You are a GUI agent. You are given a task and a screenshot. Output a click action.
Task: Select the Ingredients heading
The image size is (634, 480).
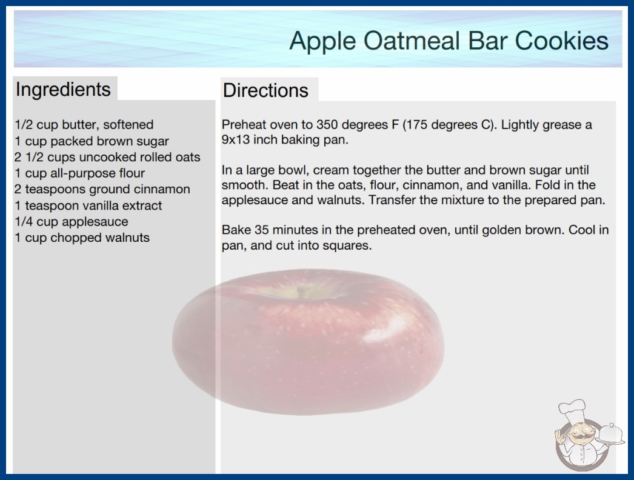(x=63, y=90)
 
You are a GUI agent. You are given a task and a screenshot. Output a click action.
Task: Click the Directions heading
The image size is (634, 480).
(x=265, y=90)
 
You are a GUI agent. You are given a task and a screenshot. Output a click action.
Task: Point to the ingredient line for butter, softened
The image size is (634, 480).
(x=84, y=125)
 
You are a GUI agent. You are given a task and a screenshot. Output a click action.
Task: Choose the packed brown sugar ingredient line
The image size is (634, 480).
(x=92, y=141)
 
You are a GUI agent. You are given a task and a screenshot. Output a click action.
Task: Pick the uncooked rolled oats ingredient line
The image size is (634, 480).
(x=107, y=157)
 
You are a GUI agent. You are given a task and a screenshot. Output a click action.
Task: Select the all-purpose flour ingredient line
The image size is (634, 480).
(x=79, y=173)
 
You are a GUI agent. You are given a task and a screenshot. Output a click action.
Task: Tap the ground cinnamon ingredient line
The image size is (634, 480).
(x=102, y=189)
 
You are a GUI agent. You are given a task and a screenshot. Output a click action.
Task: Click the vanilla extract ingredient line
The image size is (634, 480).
(x=88, y=205)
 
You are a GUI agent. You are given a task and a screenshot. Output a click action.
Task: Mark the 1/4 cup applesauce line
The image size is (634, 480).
(x=72, y=222)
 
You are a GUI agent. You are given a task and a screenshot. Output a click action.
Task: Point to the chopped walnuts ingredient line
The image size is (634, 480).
(x=82, y=238)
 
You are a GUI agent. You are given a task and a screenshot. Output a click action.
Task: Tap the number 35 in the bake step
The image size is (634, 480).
(x=262, y=230)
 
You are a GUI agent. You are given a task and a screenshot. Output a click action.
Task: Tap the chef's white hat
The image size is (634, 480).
(x=572, y=409)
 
